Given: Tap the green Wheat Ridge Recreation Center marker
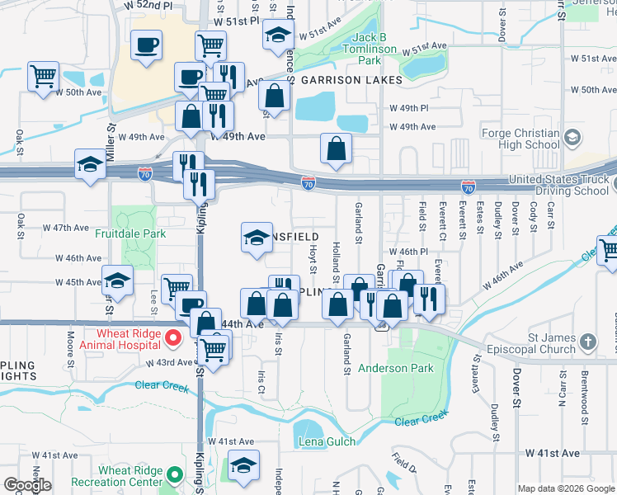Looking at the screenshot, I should pos(174,475).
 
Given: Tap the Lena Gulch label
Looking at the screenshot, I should pos(327,441).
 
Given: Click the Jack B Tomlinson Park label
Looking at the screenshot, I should pos(369,49).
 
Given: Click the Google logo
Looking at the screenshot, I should pos(27,485).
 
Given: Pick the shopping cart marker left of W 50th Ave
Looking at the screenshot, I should pos(43,78).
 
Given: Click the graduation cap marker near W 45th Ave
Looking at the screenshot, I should pos(117,281).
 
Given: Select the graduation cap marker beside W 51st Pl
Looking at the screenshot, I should pos(278,35).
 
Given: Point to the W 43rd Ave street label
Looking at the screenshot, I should pos(167,363).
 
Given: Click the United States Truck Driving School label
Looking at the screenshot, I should pos(558,186).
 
